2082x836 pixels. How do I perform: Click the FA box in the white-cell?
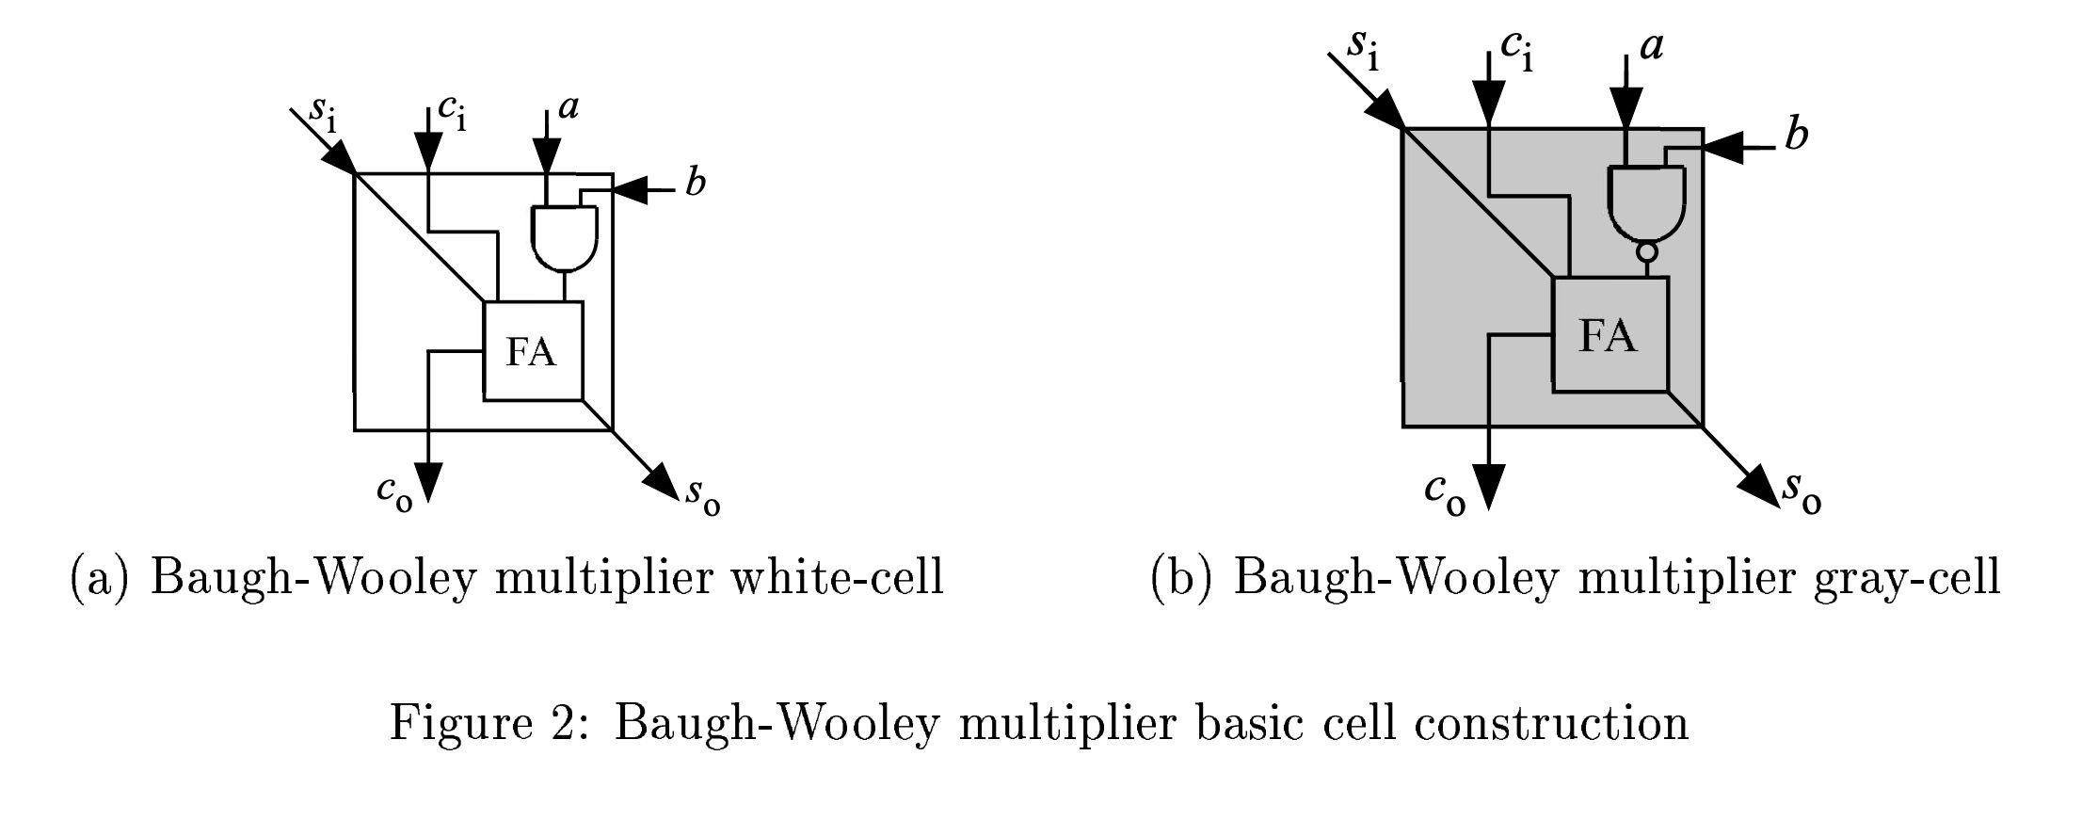coord(533,350)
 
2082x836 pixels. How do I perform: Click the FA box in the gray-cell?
coord(1609,334)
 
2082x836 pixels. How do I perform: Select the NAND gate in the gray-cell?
coord(1647,202)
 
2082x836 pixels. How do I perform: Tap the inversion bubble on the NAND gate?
coord(1647,252)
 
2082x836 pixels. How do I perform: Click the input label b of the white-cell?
coord(695,183)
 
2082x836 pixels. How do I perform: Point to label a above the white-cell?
coord(569,107)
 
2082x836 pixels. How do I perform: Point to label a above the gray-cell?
coord(1651,45)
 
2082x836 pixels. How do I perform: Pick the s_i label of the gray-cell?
coord(1363,49)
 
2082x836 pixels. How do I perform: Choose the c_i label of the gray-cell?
coord(1516,49)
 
